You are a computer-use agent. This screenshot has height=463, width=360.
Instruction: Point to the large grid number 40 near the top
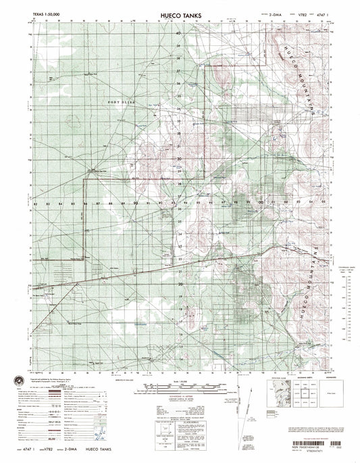coord(179,33)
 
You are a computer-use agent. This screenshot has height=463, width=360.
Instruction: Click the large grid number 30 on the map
coord(179,160)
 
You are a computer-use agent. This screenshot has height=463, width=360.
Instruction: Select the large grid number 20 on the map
coord(179,285)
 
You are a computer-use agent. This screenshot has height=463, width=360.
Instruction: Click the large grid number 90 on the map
coord(136,202)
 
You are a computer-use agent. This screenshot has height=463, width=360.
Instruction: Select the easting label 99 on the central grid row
coord(248,202)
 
